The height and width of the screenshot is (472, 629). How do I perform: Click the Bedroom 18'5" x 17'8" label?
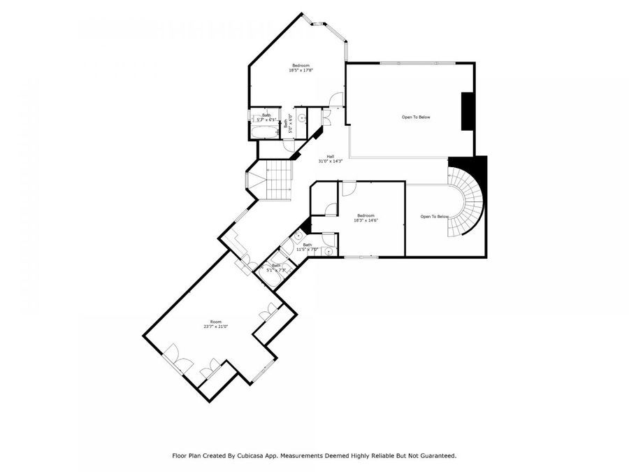[301, 68]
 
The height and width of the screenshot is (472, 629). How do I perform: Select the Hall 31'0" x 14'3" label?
[331, 159]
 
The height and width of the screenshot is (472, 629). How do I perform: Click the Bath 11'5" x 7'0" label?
[307, 247]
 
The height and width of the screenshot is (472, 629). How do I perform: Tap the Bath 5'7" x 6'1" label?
[266, 117]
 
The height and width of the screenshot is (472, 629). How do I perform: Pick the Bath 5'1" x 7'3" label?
[276, 267]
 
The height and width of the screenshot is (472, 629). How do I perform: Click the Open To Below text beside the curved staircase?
[434, 217]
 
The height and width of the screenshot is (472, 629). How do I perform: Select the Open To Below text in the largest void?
[415, 117]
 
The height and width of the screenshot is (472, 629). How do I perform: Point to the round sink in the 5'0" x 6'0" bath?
[301, 120]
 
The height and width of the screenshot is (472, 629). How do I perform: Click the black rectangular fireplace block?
[466, 110]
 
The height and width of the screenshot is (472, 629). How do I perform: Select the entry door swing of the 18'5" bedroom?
[338, 100]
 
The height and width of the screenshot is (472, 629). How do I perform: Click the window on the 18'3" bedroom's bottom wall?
[362, 257]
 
